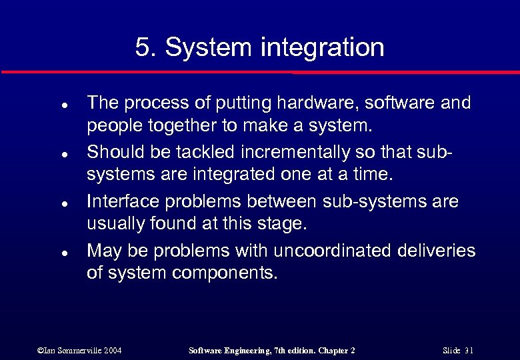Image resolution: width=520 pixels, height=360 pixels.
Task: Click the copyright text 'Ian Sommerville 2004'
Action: [80, 350]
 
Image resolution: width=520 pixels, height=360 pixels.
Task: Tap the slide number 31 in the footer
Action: [469, 350]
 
